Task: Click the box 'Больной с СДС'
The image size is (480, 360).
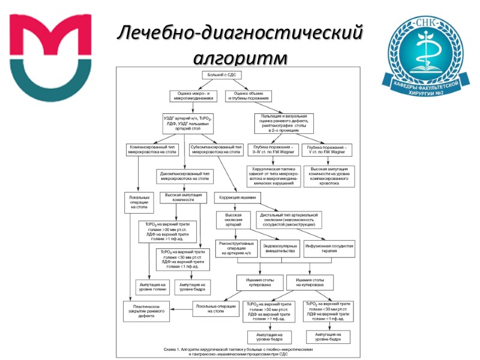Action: click(x=220, y=76)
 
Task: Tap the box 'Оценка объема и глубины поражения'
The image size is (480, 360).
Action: click(x=249, y=96)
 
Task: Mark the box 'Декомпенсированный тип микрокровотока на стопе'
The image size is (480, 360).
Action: click(x=185, y=176)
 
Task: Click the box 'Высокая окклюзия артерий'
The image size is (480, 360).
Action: click(x=233, y=219)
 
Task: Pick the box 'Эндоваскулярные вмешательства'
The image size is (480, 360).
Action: click(x=280, y=248)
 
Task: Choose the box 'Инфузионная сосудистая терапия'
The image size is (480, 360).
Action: click(x=331, y=248)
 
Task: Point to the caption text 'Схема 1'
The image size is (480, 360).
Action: click(x=173, y=349)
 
